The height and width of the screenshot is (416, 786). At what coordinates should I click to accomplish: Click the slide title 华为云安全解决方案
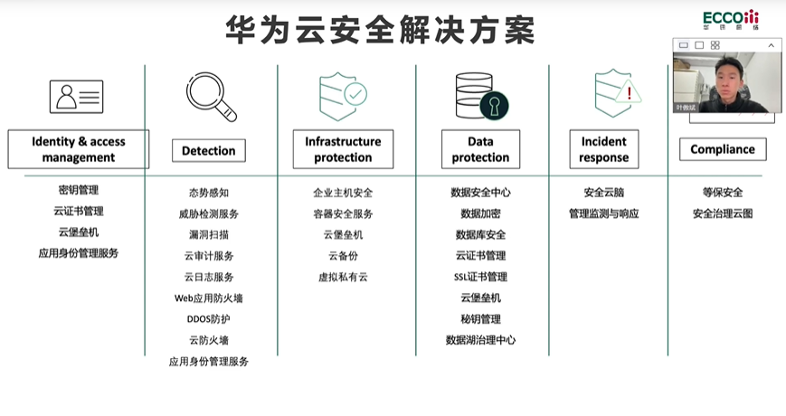click(380, 30)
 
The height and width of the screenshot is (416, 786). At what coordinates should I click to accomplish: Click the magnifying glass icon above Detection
click(211, 97)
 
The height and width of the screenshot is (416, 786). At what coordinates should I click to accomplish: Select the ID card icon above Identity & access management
click(77, 97)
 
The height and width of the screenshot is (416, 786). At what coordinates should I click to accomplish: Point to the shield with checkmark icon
click(342, 96)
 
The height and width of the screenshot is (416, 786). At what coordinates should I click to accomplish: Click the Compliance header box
click(722, 149)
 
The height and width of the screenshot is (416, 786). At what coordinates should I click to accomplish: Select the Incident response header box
click(603, 149)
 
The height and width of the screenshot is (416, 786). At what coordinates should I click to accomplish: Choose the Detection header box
click(208, 150)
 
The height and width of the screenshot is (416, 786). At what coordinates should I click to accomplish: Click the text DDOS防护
click(208, 319)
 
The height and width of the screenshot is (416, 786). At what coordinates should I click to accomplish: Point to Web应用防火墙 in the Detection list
click(208, 298)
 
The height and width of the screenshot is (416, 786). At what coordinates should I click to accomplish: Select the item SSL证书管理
click(480, 277)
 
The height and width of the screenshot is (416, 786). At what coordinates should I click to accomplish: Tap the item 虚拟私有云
click(343, 277)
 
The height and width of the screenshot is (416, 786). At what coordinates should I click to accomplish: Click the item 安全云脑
click(603, 193)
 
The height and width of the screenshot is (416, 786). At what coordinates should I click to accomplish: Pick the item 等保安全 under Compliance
click(722, 193)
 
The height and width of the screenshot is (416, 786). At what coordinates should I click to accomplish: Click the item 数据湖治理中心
click(480, 340)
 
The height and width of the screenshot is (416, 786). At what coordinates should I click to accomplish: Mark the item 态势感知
click(208, 193)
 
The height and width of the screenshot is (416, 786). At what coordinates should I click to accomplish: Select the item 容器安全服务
click(343, 214)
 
